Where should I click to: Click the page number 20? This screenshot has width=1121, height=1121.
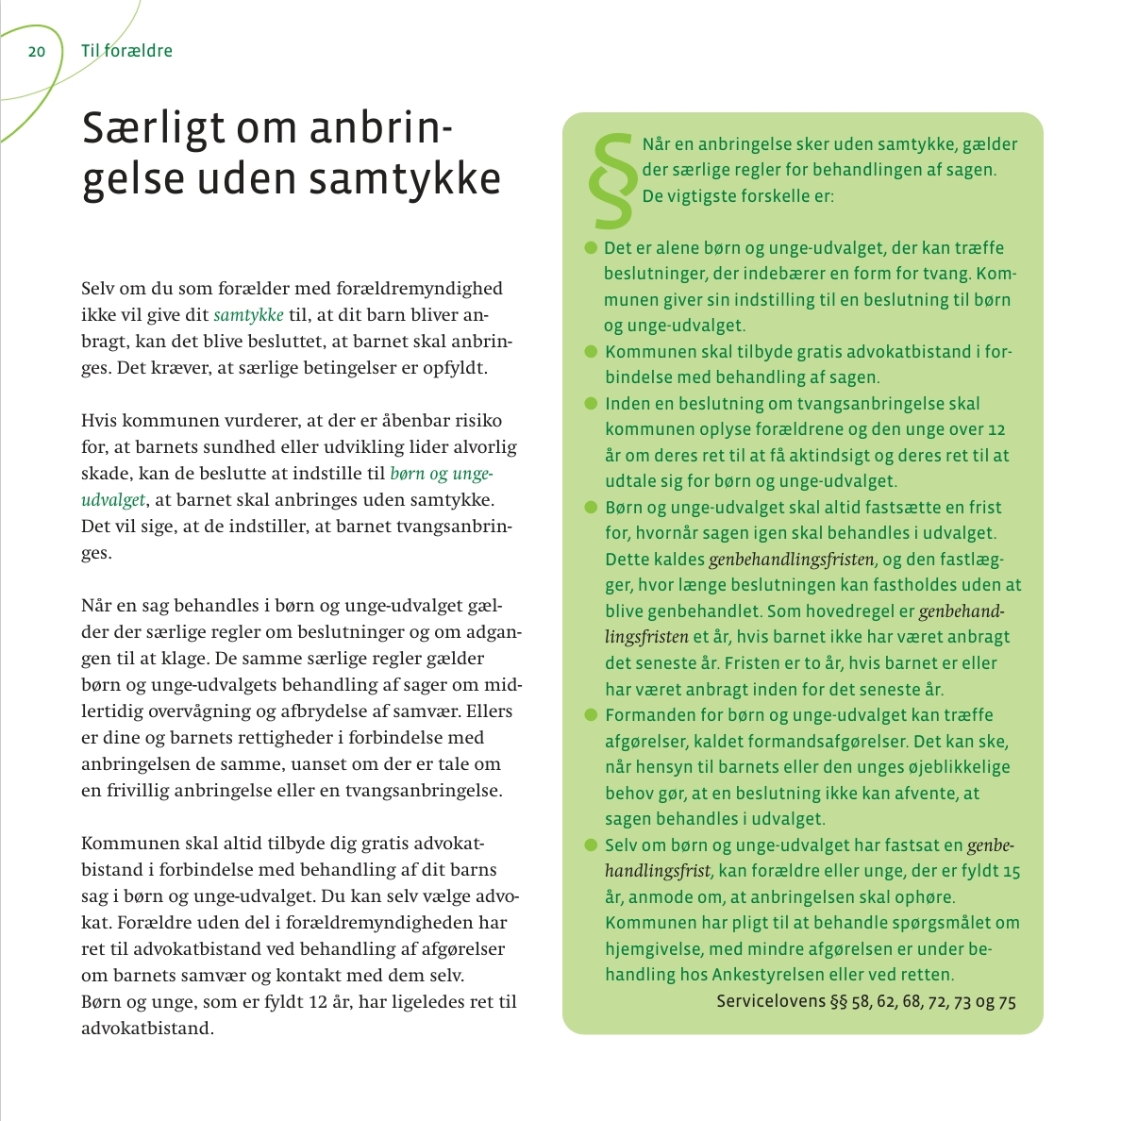pyautogui.click(x=37, y=51)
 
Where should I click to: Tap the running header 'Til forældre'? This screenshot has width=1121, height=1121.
pyautogui.click(x=126, y=51)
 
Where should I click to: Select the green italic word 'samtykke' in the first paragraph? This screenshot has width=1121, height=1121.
pyautogui.click(x=248, y=315)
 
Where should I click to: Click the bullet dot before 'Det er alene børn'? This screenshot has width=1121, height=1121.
pyautogui.click(x=592, y=248)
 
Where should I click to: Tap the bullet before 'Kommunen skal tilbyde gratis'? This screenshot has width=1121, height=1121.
pyautogui.click(x=592, y=352)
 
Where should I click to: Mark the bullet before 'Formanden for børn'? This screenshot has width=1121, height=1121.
pyautogui.click(x=592, y=715)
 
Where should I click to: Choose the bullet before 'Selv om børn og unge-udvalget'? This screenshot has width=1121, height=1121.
pyautogui.click(x=592, y=845)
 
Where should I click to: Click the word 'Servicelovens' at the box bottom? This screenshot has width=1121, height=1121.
pyautogui.click(x=770, y=1001)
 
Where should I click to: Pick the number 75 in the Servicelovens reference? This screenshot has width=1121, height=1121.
pyautogui.click(x=1006, y=1001)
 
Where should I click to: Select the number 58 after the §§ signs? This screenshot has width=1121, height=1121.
pyautogui.click(x=862, y=1001)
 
